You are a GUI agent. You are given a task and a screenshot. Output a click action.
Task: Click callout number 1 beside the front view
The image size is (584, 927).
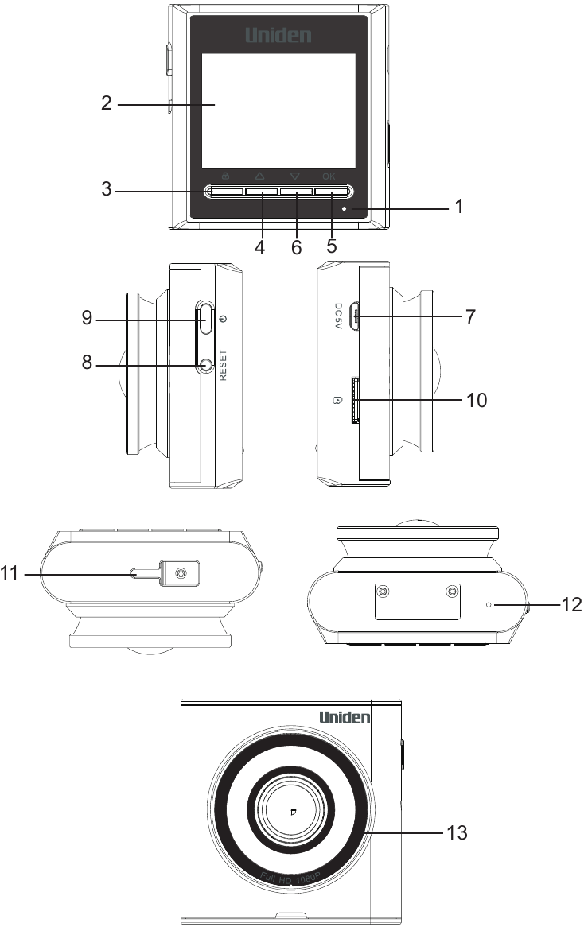coord(457,209)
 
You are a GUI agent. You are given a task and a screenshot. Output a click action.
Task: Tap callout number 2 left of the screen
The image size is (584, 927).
coord(106,103)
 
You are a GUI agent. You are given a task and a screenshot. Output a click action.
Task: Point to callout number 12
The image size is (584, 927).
coord(571,605)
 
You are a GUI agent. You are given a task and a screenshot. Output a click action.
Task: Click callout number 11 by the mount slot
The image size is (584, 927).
coord(10,572)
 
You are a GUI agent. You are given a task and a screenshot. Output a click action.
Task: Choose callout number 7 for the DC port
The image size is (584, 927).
coord(470,316)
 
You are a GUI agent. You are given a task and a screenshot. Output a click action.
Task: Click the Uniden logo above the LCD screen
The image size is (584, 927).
coord(278,35)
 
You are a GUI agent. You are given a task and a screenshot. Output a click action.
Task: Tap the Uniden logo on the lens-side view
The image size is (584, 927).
coord(345,717)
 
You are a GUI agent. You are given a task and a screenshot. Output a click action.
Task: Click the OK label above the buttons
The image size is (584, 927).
coord(329,176)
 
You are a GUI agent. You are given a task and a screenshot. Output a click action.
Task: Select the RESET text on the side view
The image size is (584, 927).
coord(224,366)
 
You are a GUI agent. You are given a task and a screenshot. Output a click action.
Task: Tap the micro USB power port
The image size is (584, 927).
coord(356,316)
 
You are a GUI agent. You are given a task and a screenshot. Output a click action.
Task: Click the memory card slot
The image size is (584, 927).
coord(354,400)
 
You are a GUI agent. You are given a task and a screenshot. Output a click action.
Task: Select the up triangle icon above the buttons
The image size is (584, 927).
coord(260,176)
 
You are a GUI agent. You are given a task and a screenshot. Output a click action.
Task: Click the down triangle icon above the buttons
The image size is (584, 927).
coord(295,176)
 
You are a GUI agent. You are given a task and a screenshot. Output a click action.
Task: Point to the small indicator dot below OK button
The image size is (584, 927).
coord(345,210)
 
